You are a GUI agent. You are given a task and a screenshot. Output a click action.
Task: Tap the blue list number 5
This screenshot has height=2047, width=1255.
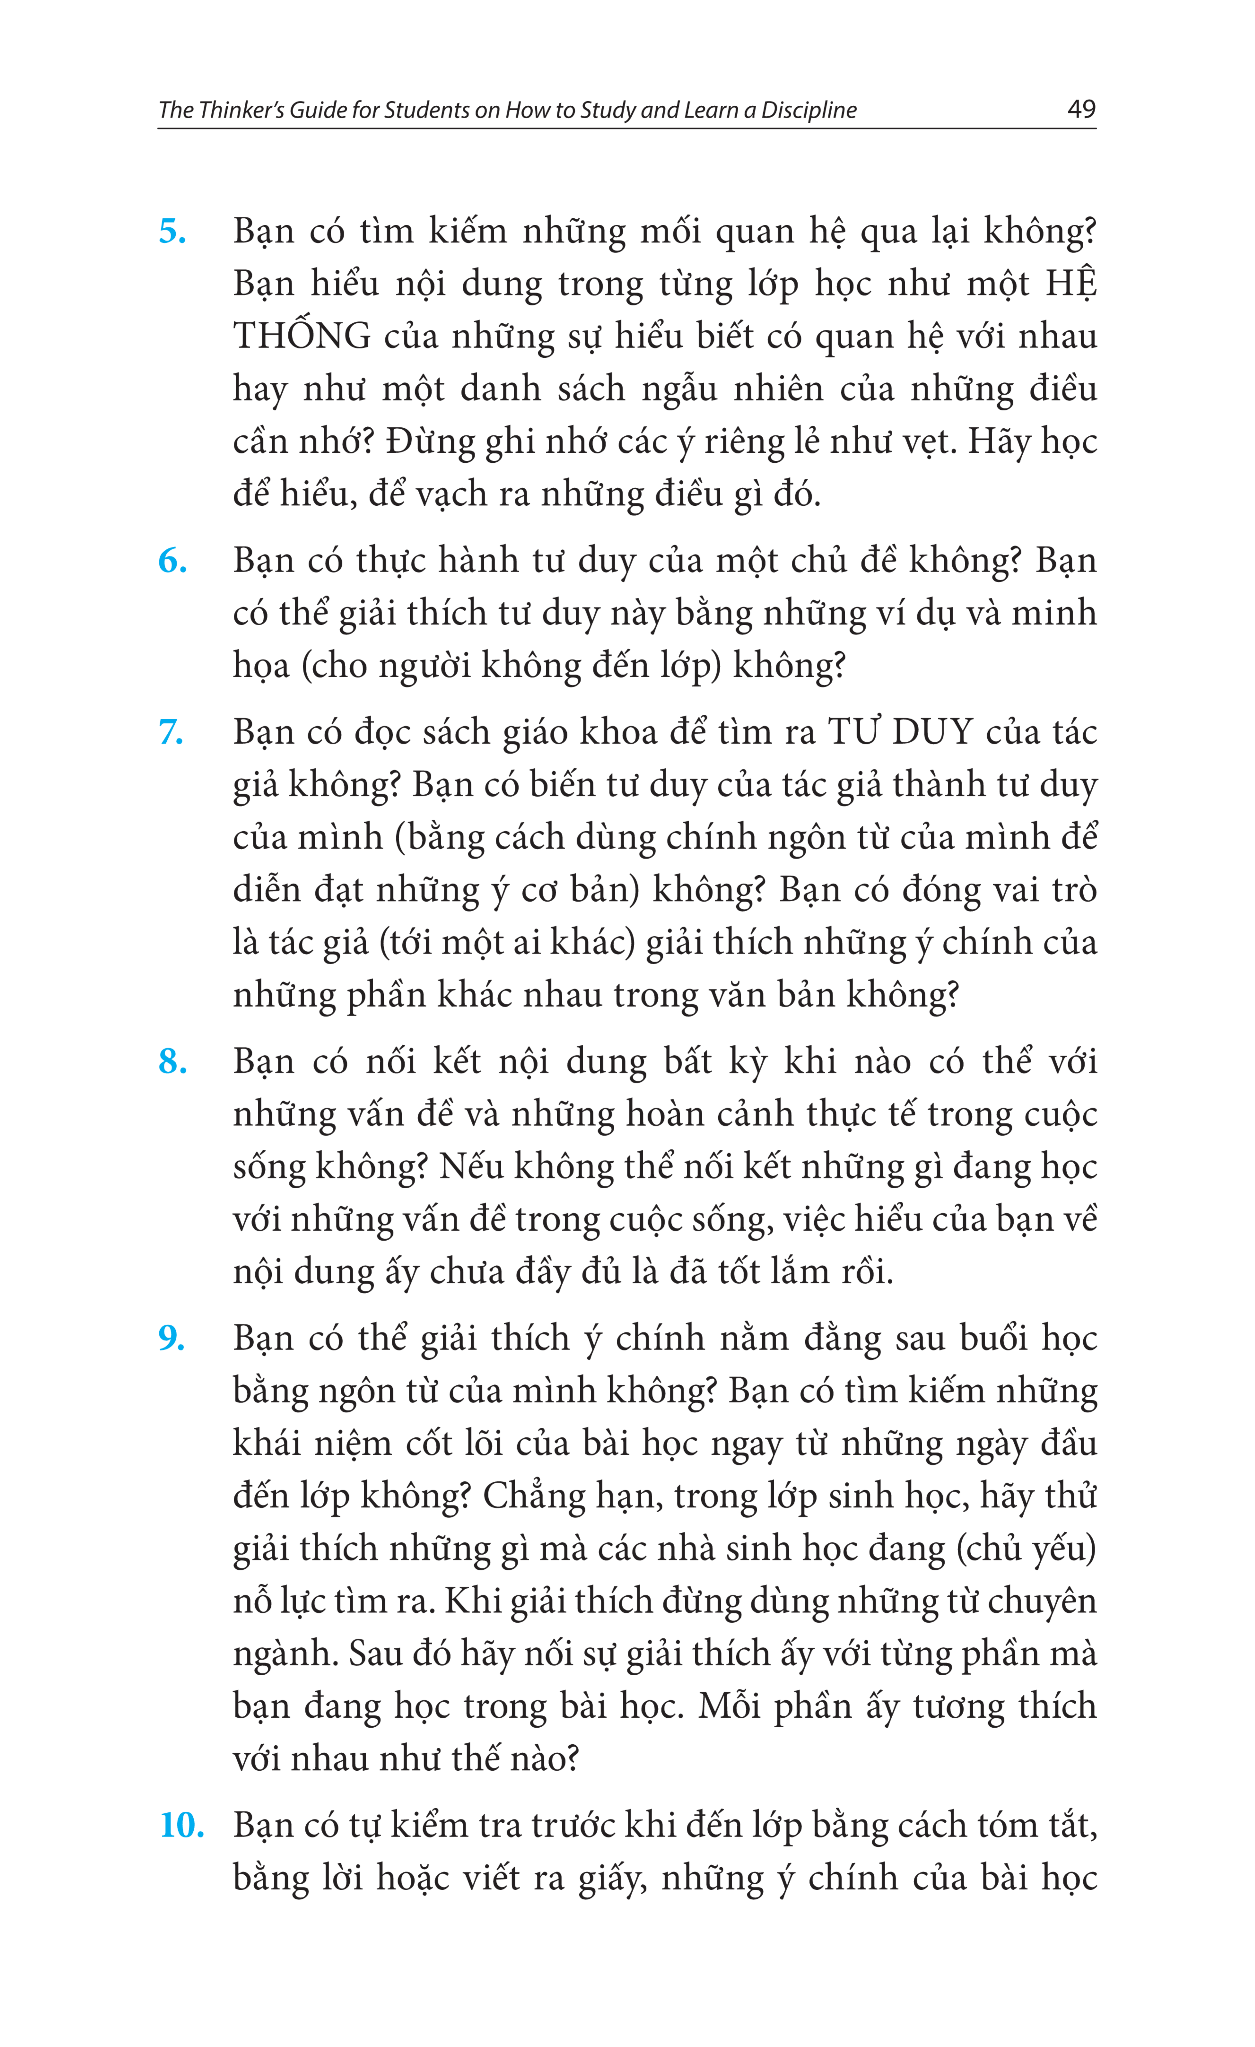coord(172,232)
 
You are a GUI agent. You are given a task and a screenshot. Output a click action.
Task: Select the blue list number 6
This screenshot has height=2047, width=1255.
coord(172,562)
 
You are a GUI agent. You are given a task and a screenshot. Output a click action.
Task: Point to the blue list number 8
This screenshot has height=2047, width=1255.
coord(172,1063)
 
